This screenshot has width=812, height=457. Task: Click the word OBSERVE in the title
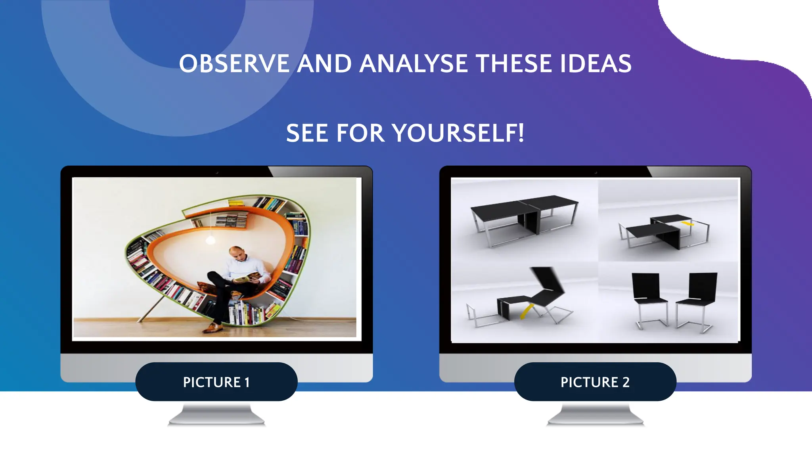click(x=234, y=64)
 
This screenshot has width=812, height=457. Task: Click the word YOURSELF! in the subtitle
click(x=459, y=133)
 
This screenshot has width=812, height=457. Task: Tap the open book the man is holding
click(x=245, y=279)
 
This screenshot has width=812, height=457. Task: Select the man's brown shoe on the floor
click(x=212, y=327)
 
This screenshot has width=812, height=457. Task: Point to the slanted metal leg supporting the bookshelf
click(x=151, y=309)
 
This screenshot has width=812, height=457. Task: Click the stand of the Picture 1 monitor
click(x=216, y=414)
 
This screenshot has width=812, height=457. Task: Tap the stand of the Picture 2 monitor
click(x=595, y=414)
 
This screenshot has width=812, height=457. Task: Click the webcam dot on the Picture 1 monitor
click(x=217, y=173)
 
